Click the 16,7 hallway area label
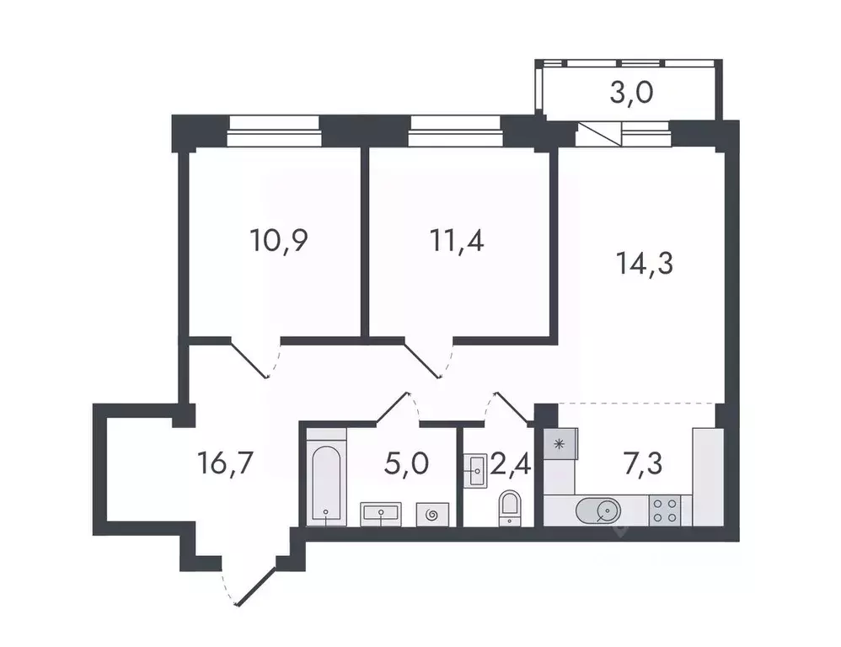(226, 462)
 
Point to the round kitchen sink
(598, 510)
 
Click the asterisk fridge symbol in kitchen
(559, 443)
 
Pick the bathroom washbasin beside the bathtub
(383, 514)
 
